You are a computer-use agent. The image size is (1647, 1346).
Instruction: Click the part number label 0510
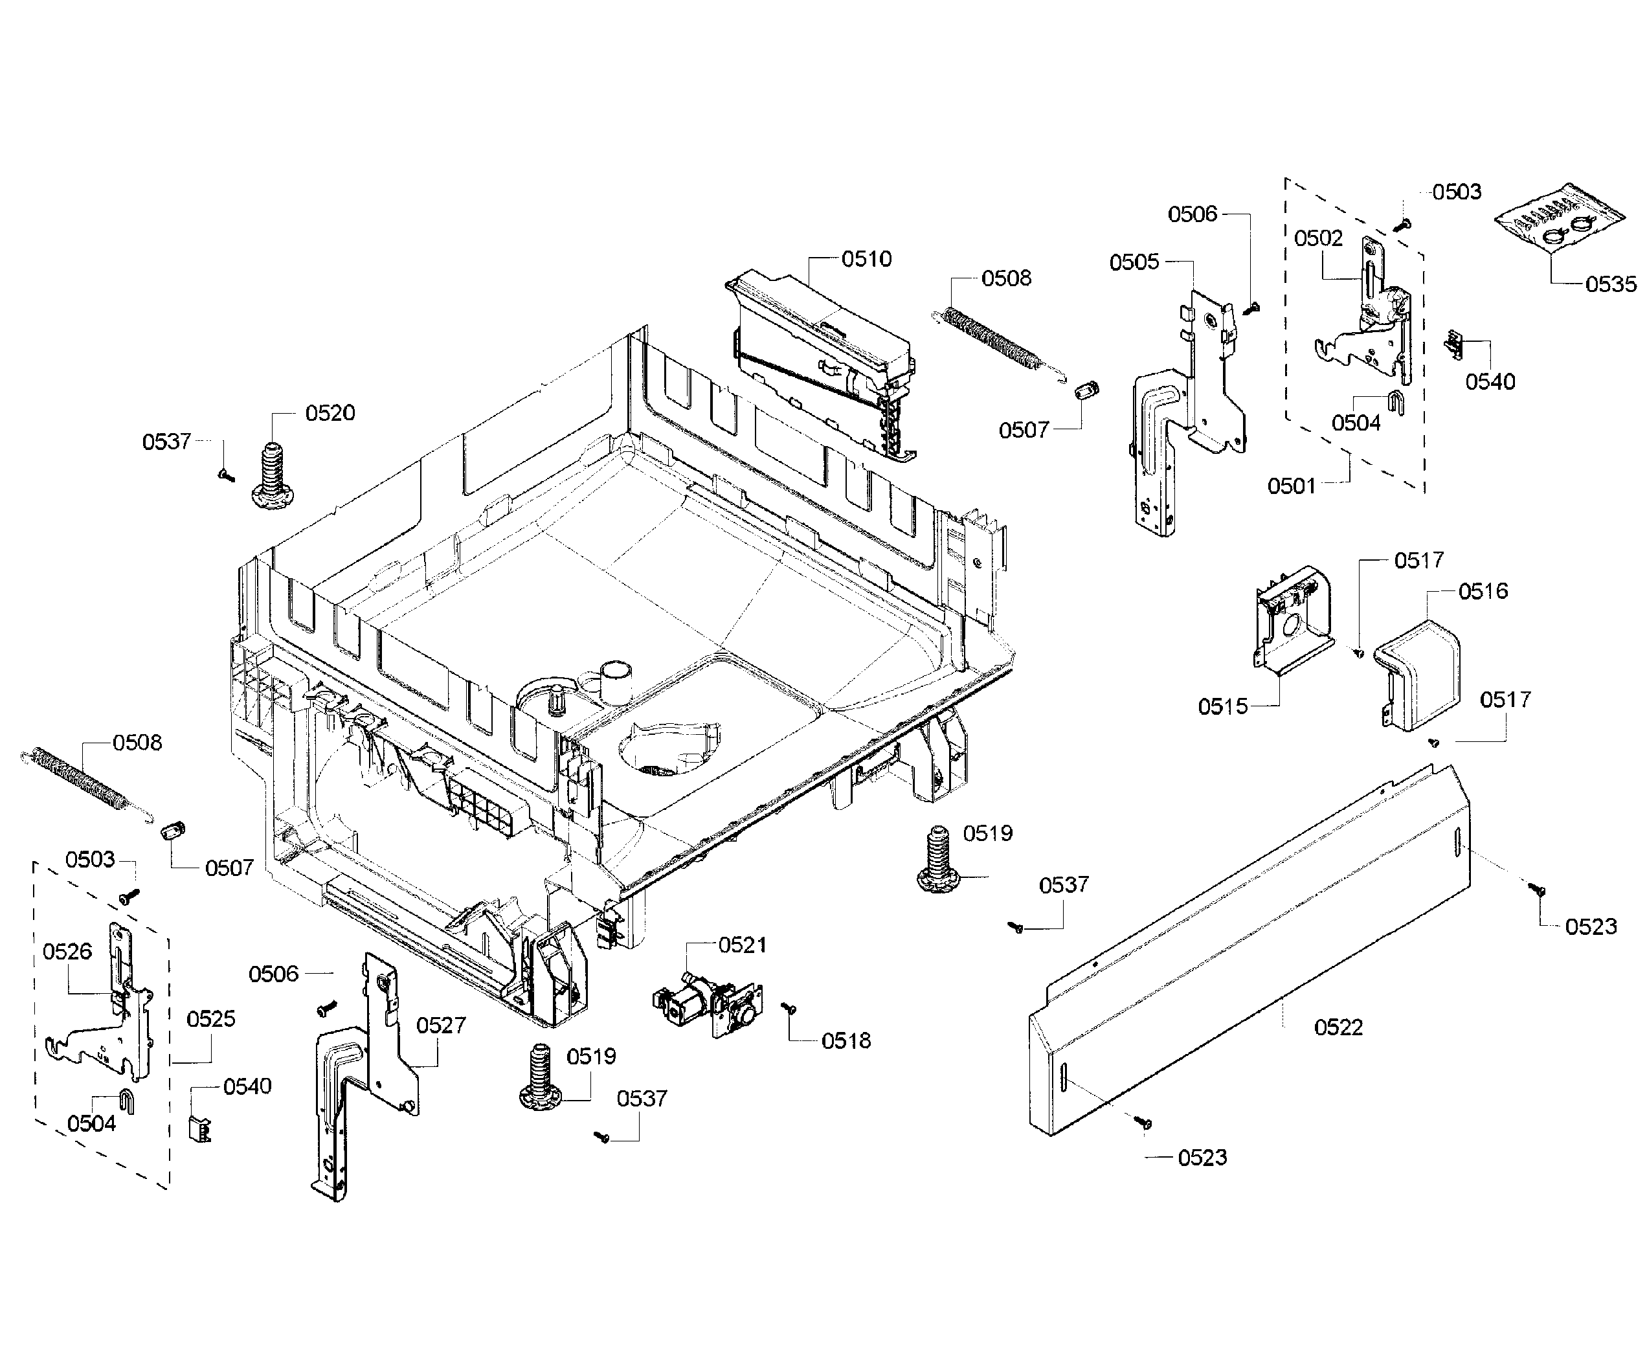866,259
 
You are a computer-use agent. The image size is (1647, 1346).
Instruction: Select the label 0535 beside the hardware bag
1611,285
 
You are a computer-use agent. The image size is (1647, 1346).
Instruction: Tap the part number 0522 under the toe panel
1338,1027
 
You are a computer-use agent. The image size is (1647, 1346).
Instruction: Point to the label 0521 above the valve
742,945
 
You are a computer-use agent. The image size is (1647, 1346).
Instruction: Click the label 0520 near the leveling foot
330,413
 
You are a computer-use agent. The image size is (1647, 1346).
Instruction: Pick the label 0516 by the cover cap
1483,592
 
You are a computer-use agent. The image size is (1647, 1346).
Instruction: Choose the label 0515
1222,706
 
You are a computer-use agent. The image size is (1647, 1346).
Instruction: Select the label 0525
210,1019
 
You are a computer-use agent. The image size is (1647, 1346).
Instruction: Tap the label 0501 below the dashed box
1291,486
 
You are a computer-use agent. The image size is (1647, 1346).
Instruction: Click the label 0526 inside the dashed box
67,951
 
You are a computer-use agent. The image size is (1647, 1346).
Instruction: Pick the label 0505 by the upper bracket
1134,262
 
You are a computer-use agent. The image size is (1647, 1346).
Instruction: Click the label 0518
846,1040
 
